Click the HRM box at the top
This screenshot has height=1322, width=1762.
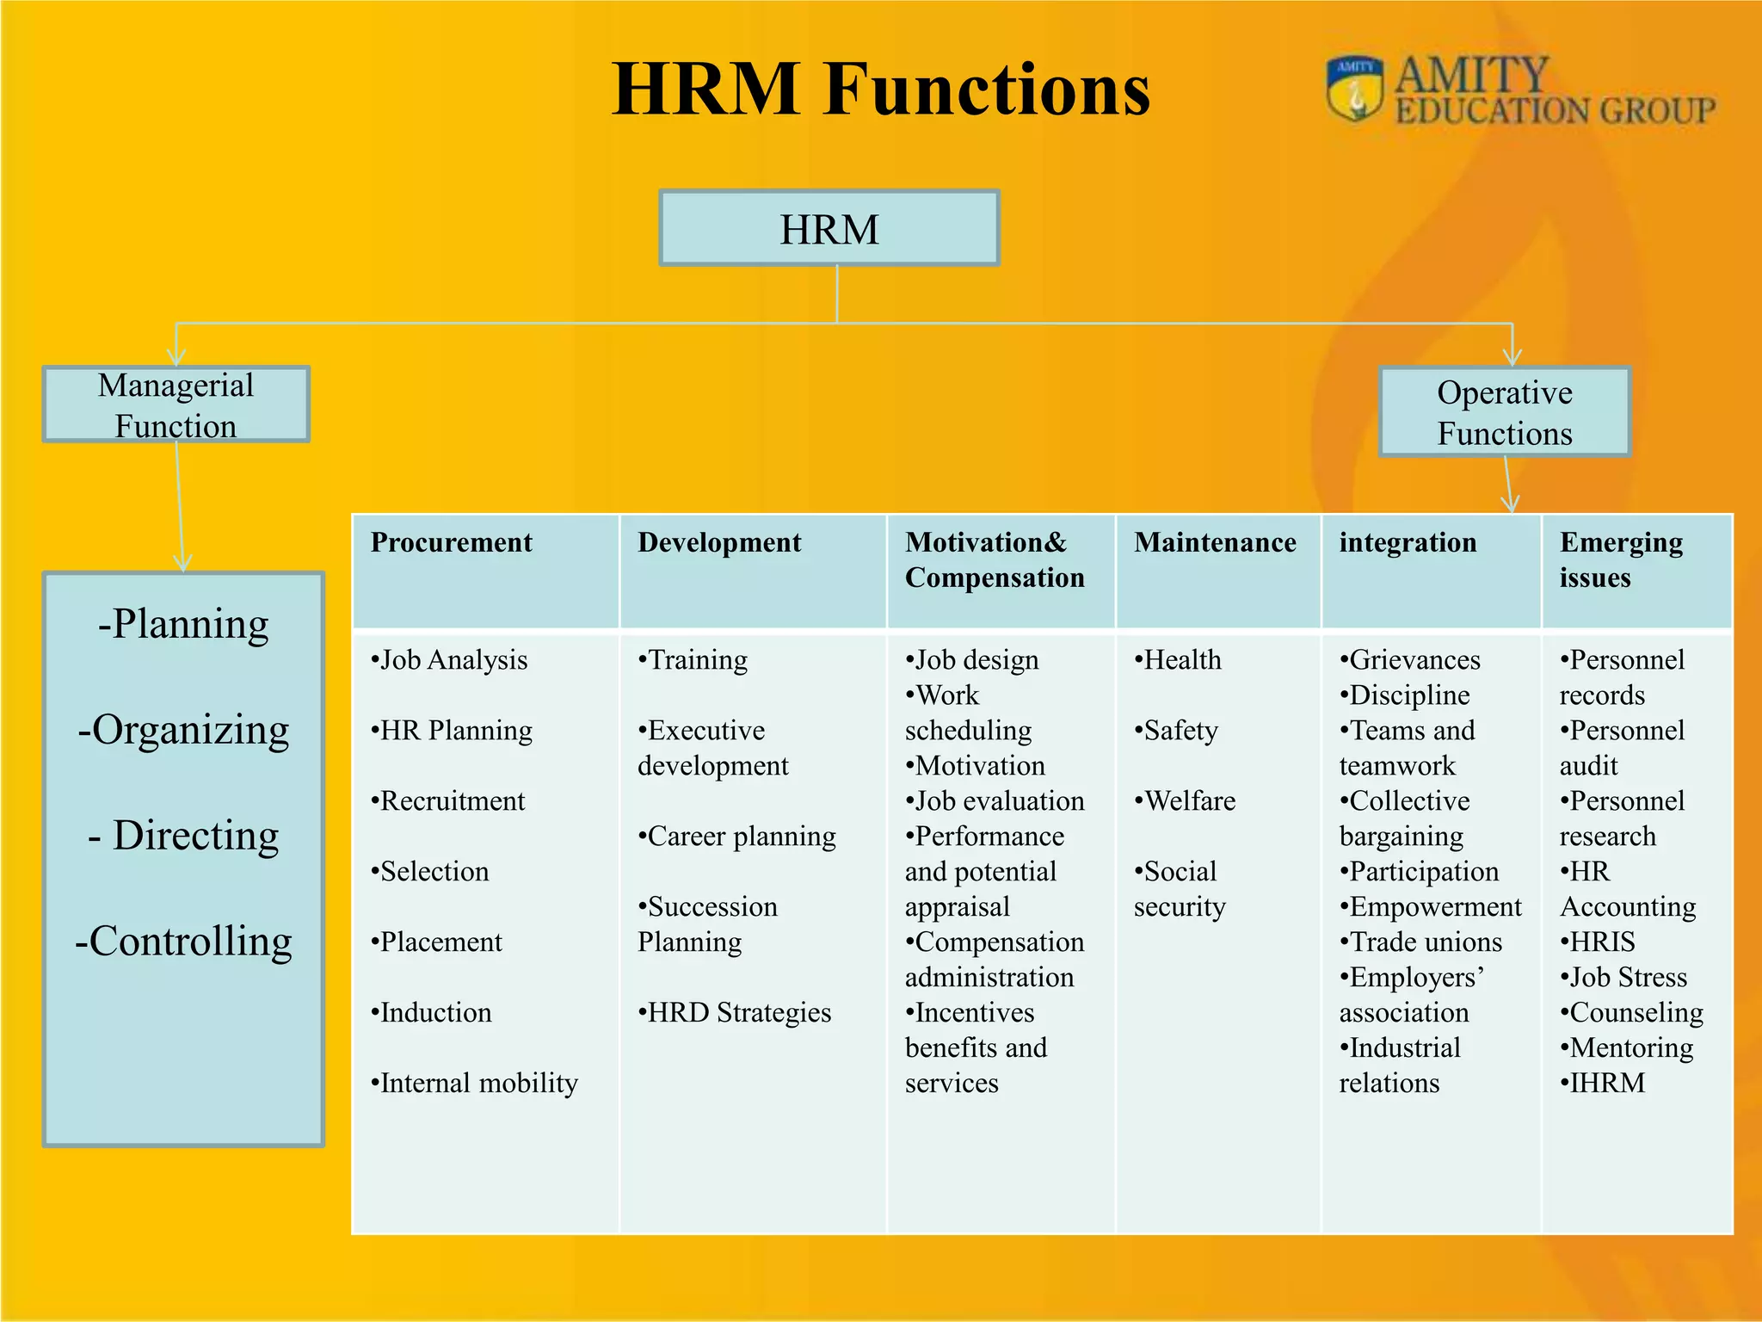pyautogui.click(x=829, y=229)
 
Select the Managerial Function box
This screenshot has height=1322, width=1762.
pyautogui.click(x=176, y=405)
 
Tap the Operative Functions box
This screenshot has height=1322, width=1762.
pyautogui.click(x=1504, y=412)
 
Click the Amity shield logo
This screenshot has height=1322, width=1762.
pyautogui.click(x=1355, y=89)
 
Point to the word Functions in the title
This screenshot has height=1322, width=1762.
pyautogui.click(x=987, y=90)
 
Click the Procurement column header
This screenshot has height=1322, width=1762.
pyautogui.click(x=452, y=543)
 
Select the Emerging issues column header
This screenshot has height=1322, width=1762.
pyautogui.click(x=1620, y=559)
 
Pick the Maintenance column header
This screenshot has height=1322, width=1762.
pyautogui.click(x=1215, y=543)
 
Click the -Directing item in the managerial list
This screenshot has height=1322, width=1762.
pyautogui.click(x=184, y=836)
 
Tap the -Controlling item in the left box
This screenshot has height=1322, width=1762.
pyautogui.click(x=184, y=941)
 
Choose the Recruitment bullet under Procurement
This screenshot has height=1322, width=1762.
pyautogui.click(x=448, y=801)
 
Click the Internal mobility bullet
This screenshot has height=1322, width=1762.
pyautogui.click(x=475, y=1084)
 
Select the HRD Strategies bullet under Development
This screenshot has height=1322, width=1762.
pyautogui.click(x=736, y=1013)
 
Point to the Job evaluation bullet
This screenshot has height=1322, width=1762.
pyautogui.click(x=995, y=801)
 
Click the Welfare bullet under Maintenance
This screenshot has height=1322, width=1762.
pyautogui.click(x=1186, y=801)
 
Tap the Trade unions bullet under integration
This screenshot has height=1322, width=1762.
pyautogui.click(x=1421, y=942)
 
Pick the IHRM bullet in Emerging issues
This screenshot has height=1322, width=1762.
pyautogui.click(x=1603, y=1084)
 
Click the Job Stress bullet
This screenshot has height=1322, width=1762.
pyautogui.click(x=1624, y=978)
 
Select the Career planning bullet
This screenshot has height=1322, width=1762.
pyautogui.click(x=737, y=837)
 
